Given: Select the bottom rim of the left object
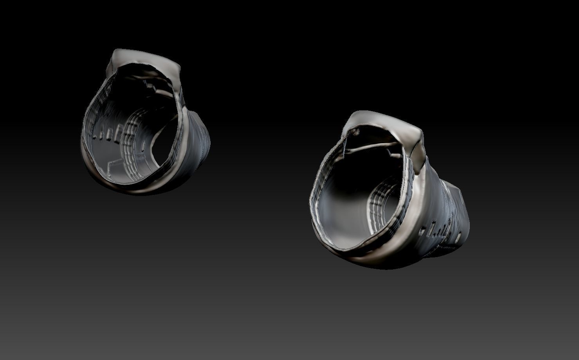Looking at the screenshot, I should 129,188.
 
